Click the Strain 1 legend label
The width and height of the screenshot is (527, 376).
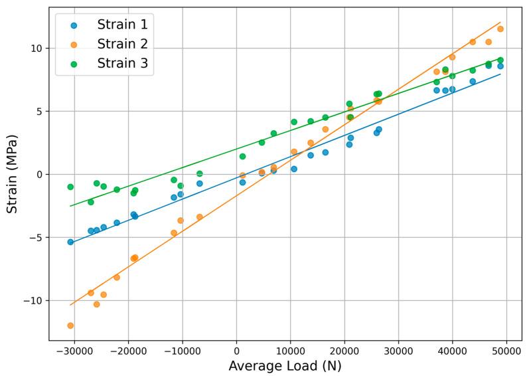coord(122,25)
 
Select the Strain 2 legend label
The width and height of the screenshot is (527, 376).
coord(122,44)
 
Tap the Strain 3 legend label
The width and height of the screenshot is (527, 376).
coord(122,63)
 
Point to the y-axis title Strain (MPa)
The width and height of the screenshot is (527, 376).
coord(12,174)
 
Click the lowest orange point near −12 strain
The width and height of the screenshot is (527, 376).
coord(70,326)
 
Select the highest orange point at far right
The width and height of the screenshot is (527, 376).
coord(500,29)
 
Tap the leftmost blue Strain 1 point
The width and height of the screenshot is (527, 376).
coord(70,242)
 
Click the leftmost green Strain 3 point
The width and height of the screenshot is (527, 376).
coord(70,187)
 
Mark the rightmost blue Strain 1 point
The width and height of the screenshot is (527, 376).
coord(500,66)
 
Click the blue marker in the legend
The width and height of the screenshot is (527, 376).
coord(74,25)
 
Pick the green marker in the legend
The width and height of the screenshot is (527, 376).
coord(74,64)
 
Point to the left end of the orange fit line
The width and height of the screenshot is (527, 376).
coord(70,305)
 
